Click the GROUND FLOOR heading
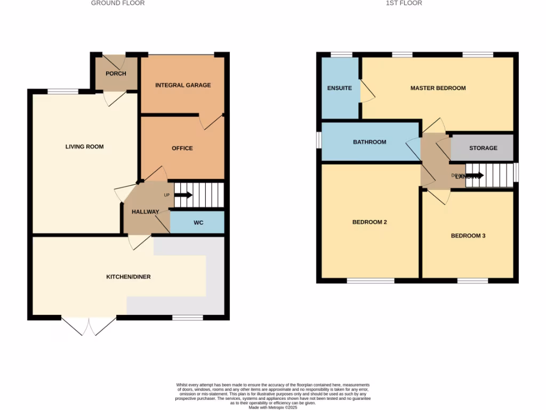point(117,3)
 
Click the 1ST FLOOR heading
point(404,3)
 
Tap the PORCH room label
point(116,74)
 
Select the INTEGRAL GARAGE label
point(183,85)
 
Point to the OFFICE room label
point(182,148)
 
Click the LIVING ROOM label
point(84,147)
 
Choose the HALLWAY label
point(145,212)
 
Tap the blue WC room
point(197,223)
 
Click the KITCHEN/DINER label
point(128,277)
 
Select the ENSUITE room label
point(340,88)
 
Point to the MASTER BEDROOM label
point(438,88)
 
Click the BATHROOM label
point(370,142)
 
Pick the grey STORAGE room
point(483,148)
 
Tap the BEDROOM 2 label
point(370,222)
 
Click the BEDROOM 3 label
point(468,235)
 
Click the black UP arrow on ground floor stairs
point(183,195)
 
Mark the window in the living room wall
point(63,91)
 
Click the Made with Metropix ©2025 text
point(272,407)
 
